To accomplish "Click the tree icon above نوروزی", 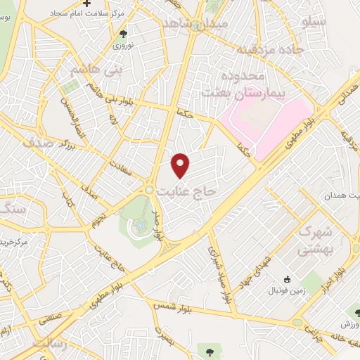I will click(124, 33).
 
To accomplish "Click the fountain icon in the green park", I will click(141, 225).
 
